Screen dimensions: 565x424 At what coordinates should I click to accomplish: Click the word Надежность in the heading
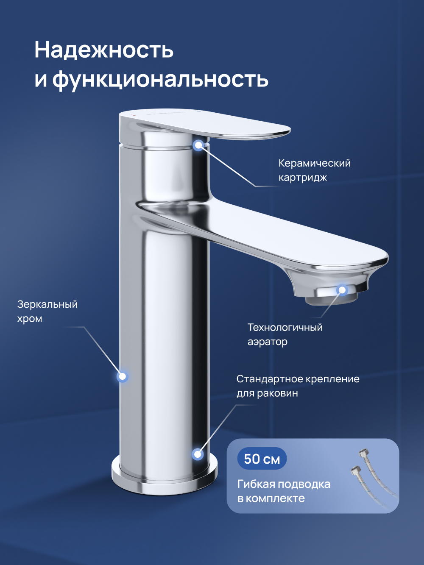104,50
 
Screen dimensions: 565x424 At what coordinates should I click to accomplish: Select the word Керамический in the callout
314,164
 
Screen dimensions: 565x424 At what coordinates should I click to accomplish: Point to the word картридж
302,178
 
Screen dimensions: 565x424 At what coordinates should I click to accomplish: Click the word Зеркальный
47,304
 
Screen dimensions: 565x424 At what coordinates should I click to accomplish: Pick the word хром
30,319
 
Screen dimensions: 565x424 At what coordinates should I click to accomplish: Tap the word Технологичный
285,328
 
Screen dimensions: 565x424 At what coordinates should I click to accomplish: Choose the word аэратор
268,342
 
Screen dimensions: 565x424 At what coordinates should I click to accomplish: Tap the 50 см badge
262,459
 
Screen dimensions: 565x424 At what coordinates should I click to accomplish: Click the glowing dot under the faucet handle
198,145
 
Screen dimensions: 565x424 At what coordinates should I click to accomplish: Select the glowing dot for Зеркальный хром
123,376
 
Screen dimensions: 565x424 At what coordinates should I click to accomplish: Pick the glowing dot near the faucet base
198,454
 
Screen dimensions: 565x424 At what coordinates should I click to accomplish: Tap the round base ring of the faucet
165,481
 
